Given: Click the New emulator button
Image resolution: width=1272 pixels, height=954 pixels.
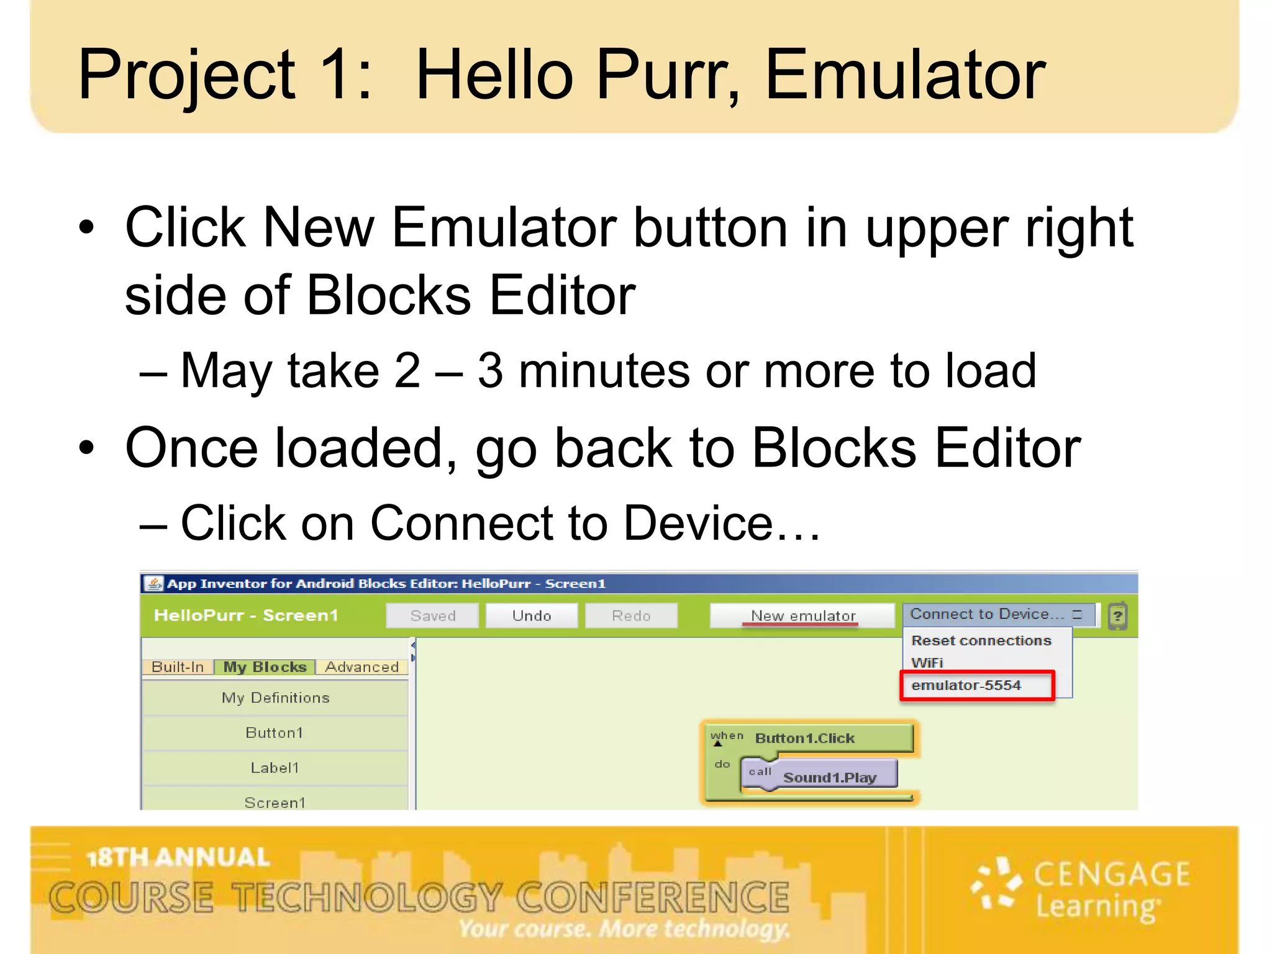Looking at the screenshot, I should [802, 616].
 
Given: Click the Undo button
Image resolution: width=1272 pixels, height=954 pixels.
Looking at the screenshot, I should [532, 616].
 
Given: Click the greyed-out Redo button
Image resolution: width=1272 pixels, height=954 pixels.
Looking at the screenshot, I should [631, 616].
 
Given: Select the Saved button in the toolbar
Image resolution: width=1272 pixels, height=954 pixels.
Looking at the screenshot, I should [432, 616].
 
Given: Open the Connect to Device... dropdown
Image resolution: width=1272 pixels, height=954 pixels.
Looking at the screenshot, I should [997, 614].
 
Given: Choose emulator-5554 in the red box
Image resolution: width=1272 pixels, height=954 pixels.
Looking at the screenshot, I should [977, 686].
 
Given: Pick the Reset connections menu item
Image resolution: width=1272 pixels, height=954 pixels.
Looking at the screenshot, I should [981, 640].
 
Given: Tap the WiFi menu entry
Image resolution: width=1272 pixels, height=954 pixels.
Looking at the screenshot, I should [927, 663].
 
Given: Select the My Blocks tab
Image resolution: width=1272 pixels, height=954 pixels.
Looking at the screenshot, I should [265, 667].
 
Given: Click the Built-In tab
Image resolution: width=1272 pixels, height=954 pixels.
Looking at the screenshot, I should [178, 667].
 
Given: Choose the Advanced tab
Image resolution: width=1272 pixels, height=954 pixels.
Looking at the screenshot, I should [362, 667].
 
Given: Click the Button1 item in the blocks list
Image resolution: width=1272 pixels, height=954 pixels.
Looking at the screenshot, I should [275, 733].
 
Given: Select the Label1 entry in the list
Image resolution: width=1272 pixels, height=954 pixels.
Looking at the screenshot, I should [275, 768].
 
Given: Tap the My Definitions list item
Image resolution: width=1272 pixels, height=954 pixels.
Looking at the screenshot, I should [275, 698].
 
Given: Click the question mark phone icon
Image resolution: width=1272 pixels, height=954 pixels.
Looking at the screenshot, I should [1118, 616].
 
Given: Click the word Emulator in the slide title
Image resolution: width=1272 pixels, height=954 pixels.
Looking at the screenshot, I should [906, 76].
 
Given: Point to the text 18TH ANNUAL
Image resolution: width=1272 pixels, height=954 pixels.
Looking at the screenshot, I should [179, 858].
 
